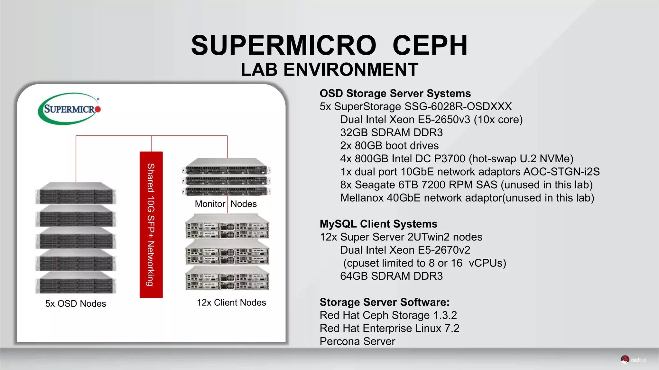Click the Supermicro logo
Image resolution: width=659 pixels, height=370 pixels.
click(69, 109)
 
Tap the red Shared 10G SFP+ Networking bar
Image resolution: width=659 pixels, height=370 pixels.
click(151, 224)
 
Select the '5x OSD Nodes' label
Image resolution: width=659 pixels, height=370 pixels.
click(76, 303)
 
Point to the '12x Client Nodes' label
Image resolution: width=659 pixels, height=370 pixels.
click(231, 302)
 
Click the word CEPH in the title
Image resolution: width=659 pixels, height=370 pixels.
click(430, 45)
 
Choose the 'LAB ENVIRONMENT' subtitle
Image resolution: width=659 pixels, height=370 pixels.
click(329, 69)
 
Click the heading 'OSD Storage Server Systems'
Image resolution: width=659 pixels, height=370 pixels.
click(395, 93)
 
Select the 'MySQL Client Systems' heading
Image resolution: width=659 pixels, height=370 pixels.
click(378, 224)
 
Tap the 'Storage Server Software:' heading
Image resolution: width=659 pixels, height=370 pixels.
click(385, 302)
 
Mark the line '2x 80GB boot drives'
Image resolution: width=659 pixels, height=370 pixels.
click(389, 146)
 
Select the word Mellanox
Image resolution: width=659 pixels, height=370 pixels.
click(362, 198)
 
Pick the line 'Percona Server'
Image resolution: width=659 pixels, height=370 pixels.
click(357, 341)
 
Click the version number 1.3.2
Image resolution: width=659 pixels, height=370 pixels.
click(445, 315)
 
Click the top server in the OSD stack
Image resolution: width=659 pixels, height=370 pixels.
click(76, 194)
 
